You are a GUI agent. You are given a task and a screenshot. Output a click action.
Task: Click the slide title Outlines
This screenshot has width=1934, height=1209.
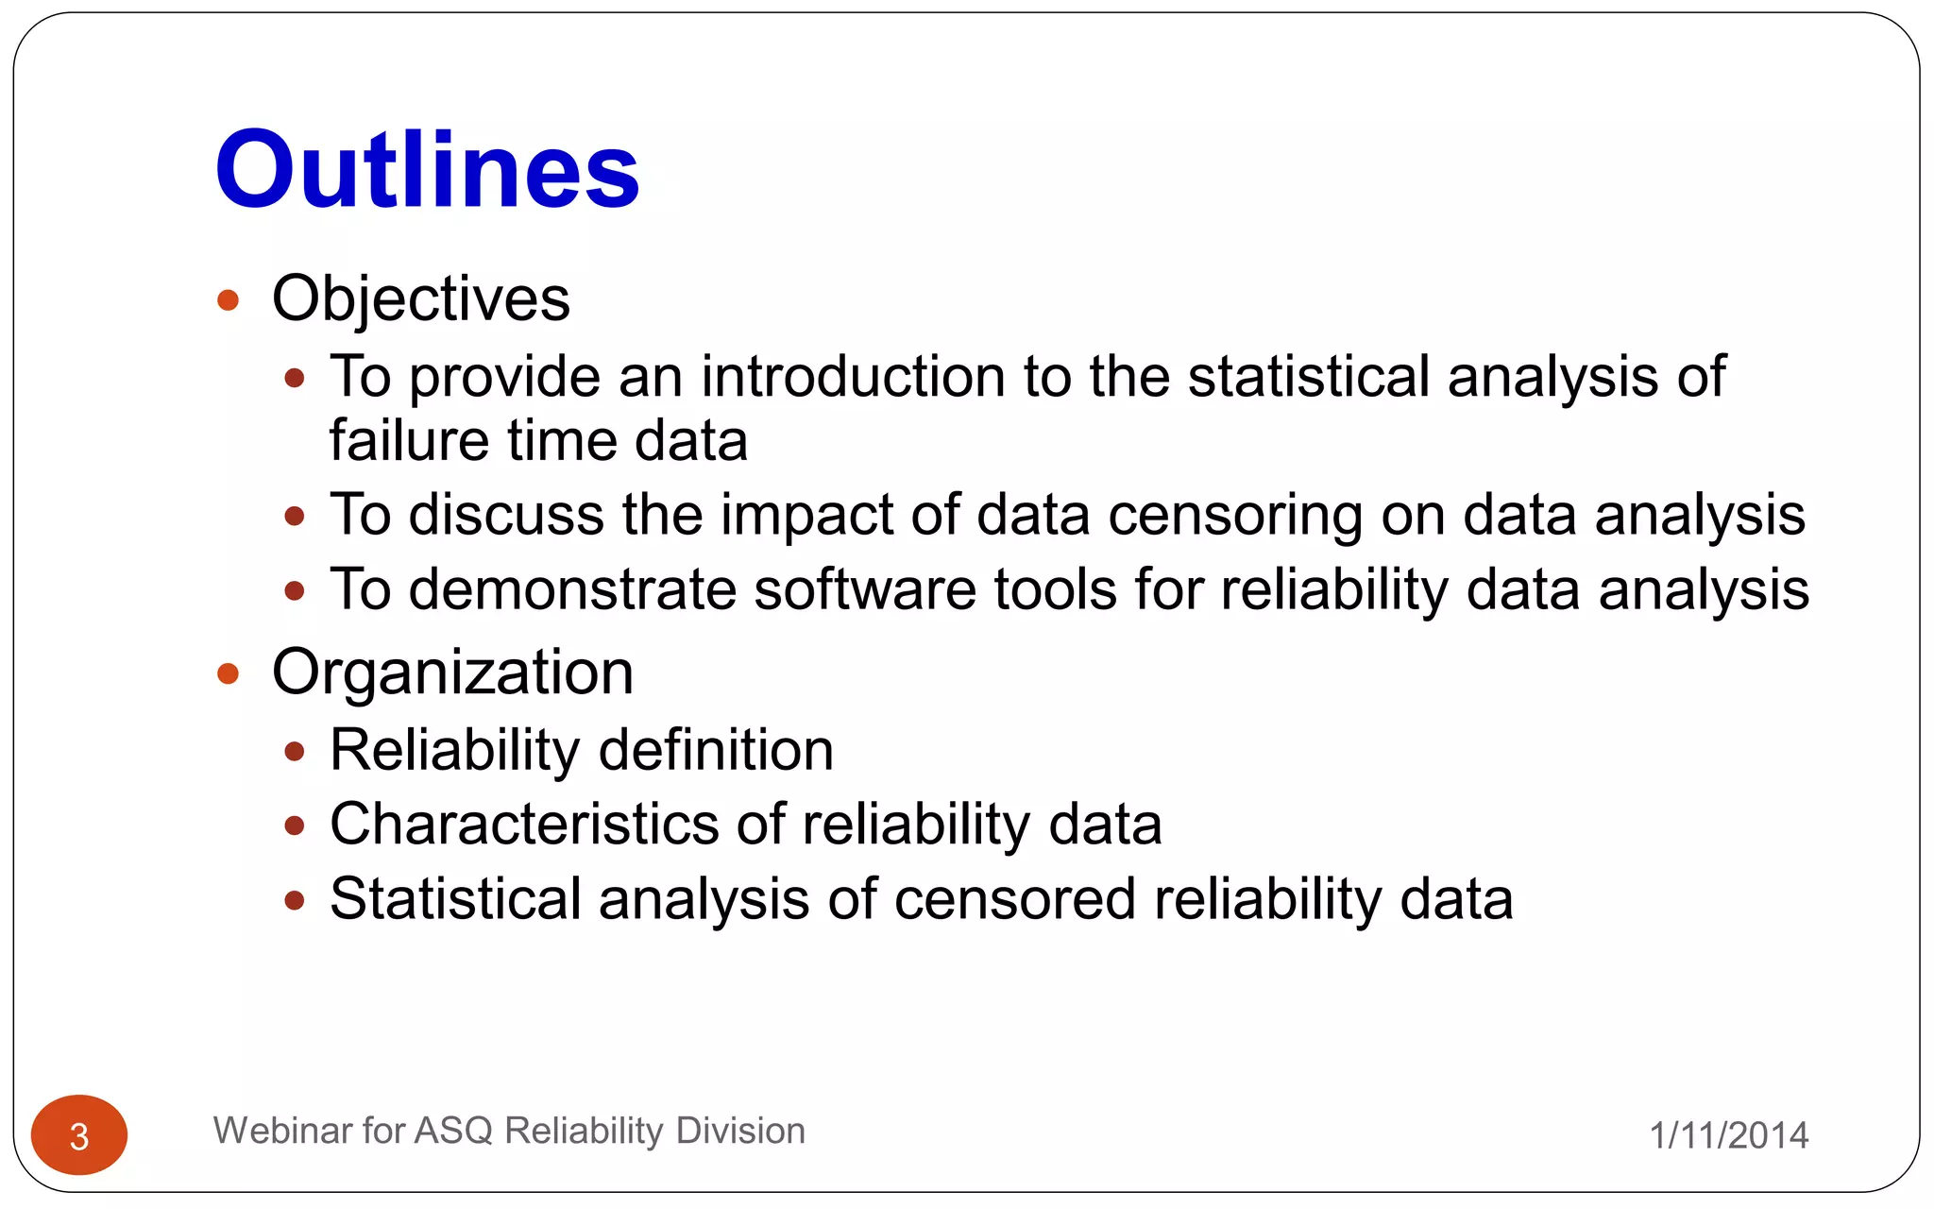coord(427,170)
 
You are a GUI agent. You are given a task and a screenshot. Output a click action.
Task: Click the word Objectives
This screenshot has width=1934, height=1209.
coord(420,299)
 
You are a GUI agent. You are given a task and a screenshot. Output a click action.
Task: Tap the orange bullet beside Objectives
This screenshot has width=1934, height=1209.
coord(228,301)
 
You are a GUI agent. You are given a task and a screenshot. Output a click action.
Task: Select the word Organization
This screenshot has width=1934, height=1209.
coord(452,673)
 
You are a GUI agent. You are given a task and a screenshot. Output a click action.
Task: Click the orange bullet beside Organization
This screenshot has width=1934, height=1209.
coord(228,673)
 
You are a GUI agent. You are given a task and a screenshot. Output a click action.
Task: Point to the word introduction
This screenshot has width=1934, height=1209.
coord(853,377)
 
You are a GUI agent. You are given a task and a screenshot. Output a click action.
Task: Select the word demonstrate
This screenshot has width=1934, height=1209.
coord(572,590)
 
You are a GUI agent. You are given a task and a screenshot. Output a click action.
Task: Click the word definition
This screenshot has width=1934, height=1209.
coord(716,751)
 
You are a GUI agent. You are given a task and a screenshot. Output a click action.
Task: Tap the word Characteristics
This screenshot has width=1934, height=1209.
coord(524,825)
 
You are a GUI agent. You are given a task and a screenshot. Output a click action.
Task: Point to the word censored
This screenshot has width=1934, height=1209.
coord(1014,899)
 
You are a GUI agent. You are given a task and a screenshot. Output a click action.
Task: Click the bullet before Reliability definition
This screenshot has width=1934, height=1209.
coord(295,752)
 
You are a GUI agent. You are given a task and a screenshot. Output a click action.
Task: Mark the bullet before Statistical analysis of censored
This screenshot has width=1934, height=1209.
coord(295,900)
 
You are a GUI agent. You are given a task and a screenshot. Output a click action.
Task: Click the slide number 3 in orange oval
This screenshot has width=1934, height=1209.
coord(79,1136)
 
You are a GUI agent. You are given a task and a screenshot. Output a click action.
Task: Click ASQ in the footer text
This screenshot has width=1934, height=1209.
coord(453,1132)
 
